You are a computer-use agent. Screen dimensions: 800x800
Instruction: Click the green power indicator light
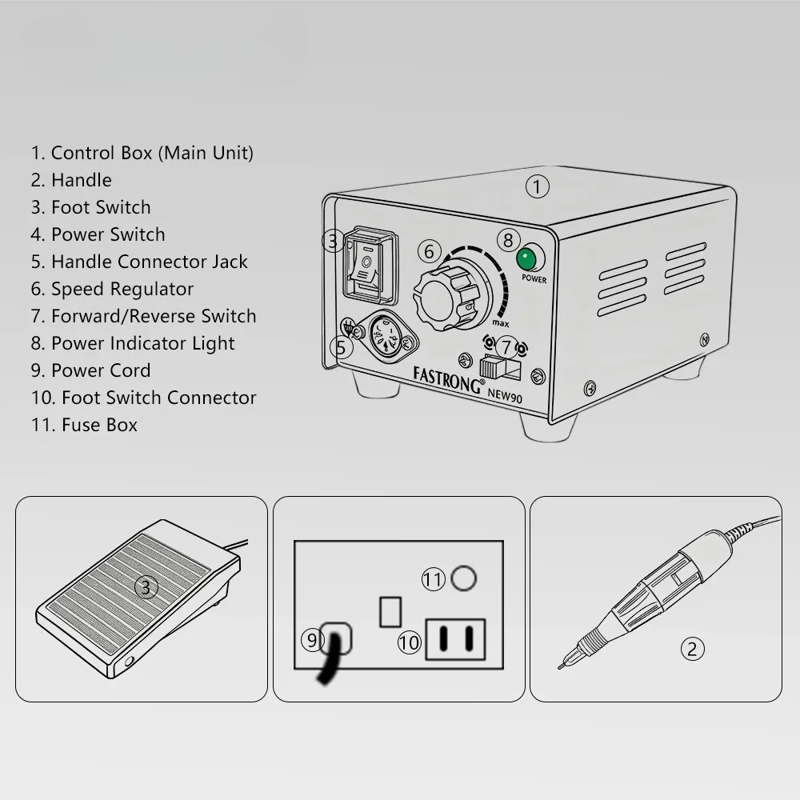click(x=526, y=260)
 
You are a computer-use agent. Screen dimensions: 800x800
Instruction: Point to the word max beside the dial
click(x=501, y=322)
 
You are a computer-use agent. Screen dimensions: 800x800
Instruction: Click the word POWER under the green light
click(x=534, y=280)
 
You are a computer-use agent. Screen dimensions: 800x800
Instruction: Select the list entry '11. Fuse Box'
click(x=85, y=425)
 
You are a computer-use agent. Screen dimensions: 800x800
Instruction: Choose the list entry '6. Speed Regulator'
click(x=113, y=289)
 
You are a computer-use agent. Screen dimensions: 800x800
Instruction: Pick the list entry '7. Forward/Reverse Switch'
click(x=144, y=316)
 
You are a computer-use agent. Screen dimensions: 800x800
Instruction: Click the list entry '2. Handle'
click(x=72, y=180)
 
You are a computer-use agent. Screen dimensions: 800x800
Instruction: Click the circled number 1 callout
click(x=538, y=187)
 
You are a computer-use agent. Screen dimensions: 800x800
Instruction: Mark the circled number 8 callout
click(x=508, y=239)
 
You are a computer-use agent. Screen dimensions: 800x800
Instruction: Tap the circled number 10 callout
click(x=409, y=642)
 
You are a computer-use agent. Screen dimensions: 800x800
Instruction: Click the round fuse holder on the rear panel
click(x=464, y=578)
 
